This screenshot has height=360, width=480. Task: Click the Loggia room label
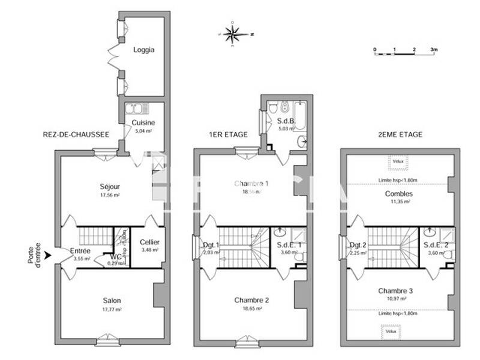[x=143, y=50]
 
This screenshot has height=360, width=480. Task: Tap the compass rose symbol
[x=233, y=34]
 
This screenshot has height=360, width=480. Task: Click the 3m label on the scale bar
[x=434, y=49]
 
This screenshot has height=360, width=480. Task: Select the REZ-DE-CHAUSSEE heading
[x=76, y=134]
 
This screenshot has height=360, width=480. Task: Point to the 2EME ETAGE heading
[x=401, y=134]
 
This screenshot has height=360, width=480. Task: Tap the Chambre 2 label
[x=251, y=300]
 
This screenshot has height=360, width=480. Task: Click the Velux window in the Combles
[x=397, y=161]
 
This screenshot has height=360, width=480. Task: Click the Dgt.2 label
[x=358, y=245]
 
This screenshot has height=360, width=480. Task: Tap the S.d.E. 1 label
[x=289, y=245]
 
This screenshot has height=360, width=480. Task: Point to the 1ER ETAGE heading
[x=228, y=134]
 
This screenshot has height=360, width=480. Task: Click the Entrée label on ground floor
[x=80, y=250]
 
